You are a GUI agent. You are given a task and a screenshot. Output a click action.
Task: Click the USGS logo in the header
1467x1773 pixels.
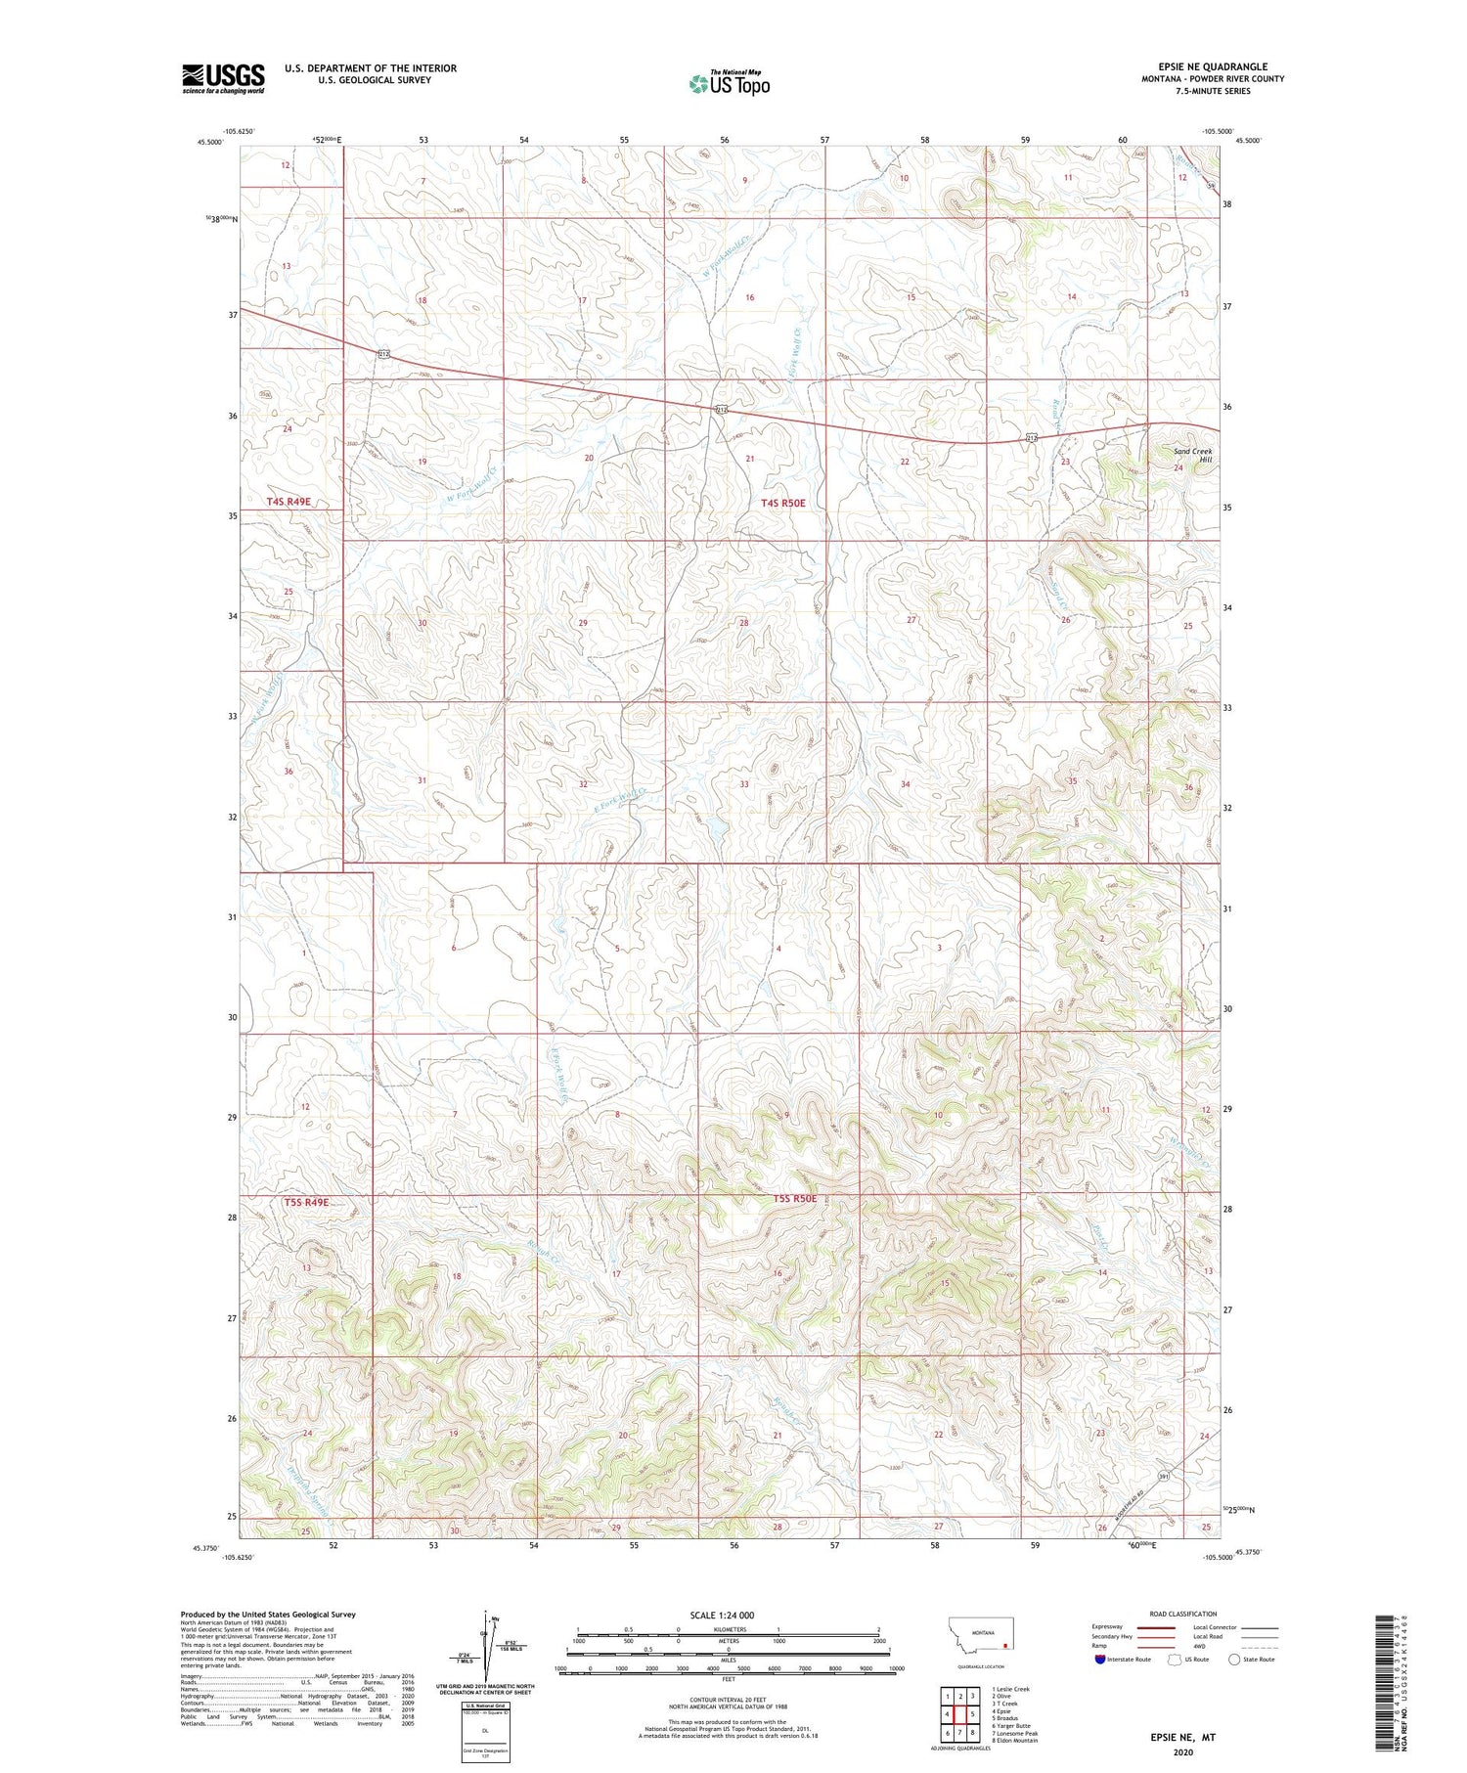[x=222, y=78]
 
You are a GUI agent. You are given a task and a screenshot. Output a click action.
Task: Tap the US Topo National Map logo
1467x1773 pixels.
[x=729, y=83]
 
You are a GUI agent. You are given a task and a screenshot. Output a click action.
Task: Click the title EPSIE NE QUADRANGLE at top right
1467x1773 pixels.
[x=1210, y=66]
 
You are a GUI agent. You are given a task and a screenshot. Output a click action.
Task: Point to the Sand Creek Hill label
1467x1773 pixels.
[x=1192, y=456]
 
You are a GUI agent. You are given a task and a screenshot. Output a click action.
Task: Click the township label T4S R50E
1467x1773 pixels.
[x=783, y=503]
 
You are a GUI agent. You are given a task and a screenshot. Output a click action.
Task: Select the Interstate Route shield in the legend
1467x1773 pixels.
[x=1101, y=1659]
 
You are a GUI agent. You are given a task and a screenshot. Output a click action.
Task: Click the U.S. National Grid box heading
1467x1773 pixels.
[x=485, y=1705]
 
